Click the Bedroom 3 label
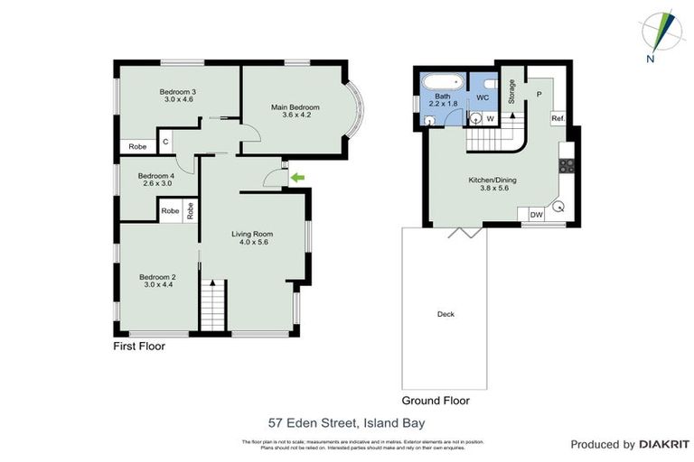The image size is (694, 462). (177, 95)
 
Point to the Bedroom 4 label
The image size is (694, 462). (155, 180)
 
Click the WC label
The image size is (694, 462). (483, 97)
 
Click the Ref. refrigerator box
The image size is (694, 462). (558, 119)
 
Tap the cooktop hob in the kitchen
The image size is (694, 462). (567, 164)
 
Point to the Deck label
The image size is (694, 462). (445, 314)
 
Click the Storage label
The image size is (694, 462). (511, 91)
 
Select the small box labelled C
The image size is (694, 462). (166, 142)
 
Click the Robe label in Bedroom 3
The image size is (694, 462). (137, 146)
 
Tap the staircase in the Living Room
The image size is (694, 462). (211, 306)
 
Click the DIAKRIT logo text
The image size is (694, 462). (664, 444)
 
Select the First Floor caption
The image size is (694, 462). (139, 346)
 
